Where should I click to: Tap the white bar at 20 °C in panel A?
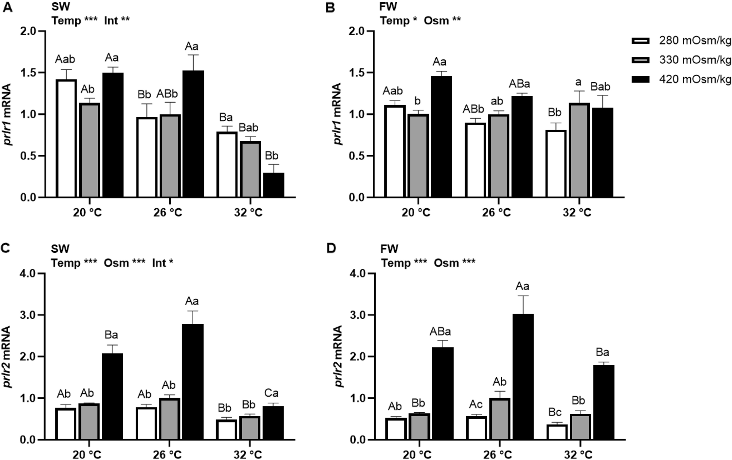pos(66,138)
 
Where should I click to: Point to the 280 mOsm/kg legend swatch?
pos(640,41)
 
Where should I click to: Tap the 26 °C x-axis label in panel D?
pos(497,455)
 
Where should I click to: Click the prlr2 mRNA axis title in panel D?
pos(339,356)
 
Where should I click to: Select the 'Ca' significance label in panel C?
pos(271,393)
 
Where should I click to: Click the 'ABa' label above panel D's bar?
pos(440,332)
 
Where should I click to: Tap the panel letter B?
pos(330,7)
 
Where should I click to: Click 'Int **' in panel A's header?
pos(117,21)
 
